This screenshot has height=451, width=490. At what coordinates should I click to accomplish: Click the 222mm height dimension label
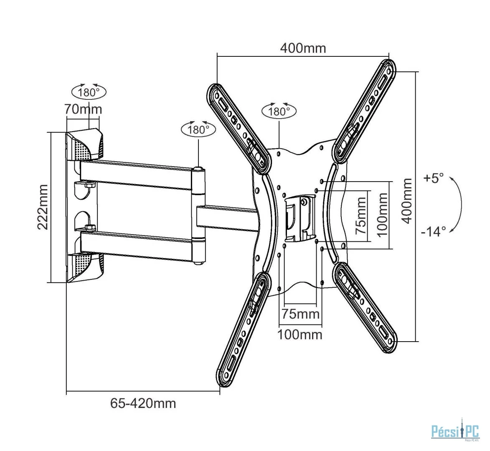[43, 207]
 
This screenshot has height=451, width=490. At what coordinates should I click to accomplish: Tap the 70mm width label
[83, 109]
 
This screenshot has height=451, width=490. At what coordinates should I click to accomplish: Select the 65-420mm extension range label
[143, 403]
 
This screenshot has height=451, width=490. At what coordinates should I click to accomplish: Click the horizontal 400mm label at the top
[303, 48]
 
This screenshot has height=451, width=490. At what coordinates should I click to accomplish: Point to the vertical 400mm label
[406, 201]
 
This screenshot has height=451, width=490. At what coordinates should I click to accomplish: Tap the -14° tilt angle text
[434, 232]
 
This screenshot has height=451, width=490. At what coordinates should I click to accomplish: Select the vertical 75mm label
[361, 215]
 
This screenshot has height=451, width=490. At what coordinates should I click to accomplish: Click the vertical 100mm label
[382, 215]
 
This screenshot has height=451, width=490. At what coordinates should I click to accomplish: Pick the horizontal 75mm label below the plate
[301, 314]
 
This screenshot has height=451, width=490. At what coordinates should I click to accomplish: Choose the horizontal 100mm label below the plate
[300, 334]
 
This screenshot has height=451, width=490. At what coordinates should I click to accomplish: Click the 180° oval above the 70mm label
[89, 92]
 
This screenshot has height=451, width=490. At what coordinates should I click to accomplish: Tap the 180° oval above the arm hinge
[198, 129]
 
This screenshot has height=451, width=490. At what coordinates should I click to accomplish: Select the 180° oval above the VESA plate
[279, 111]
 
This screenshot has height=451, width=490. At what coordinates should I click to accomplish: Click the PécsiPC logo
[455, 431]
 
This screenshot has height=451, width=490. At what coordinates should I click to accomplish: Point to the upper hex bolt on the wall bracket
[90, 185]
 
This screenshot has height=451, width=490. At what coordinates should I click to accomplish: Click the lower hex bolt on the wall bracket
[90, 228]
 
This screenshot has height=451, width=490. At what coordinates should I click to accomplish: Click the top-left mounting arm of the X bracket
[239, 128]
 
